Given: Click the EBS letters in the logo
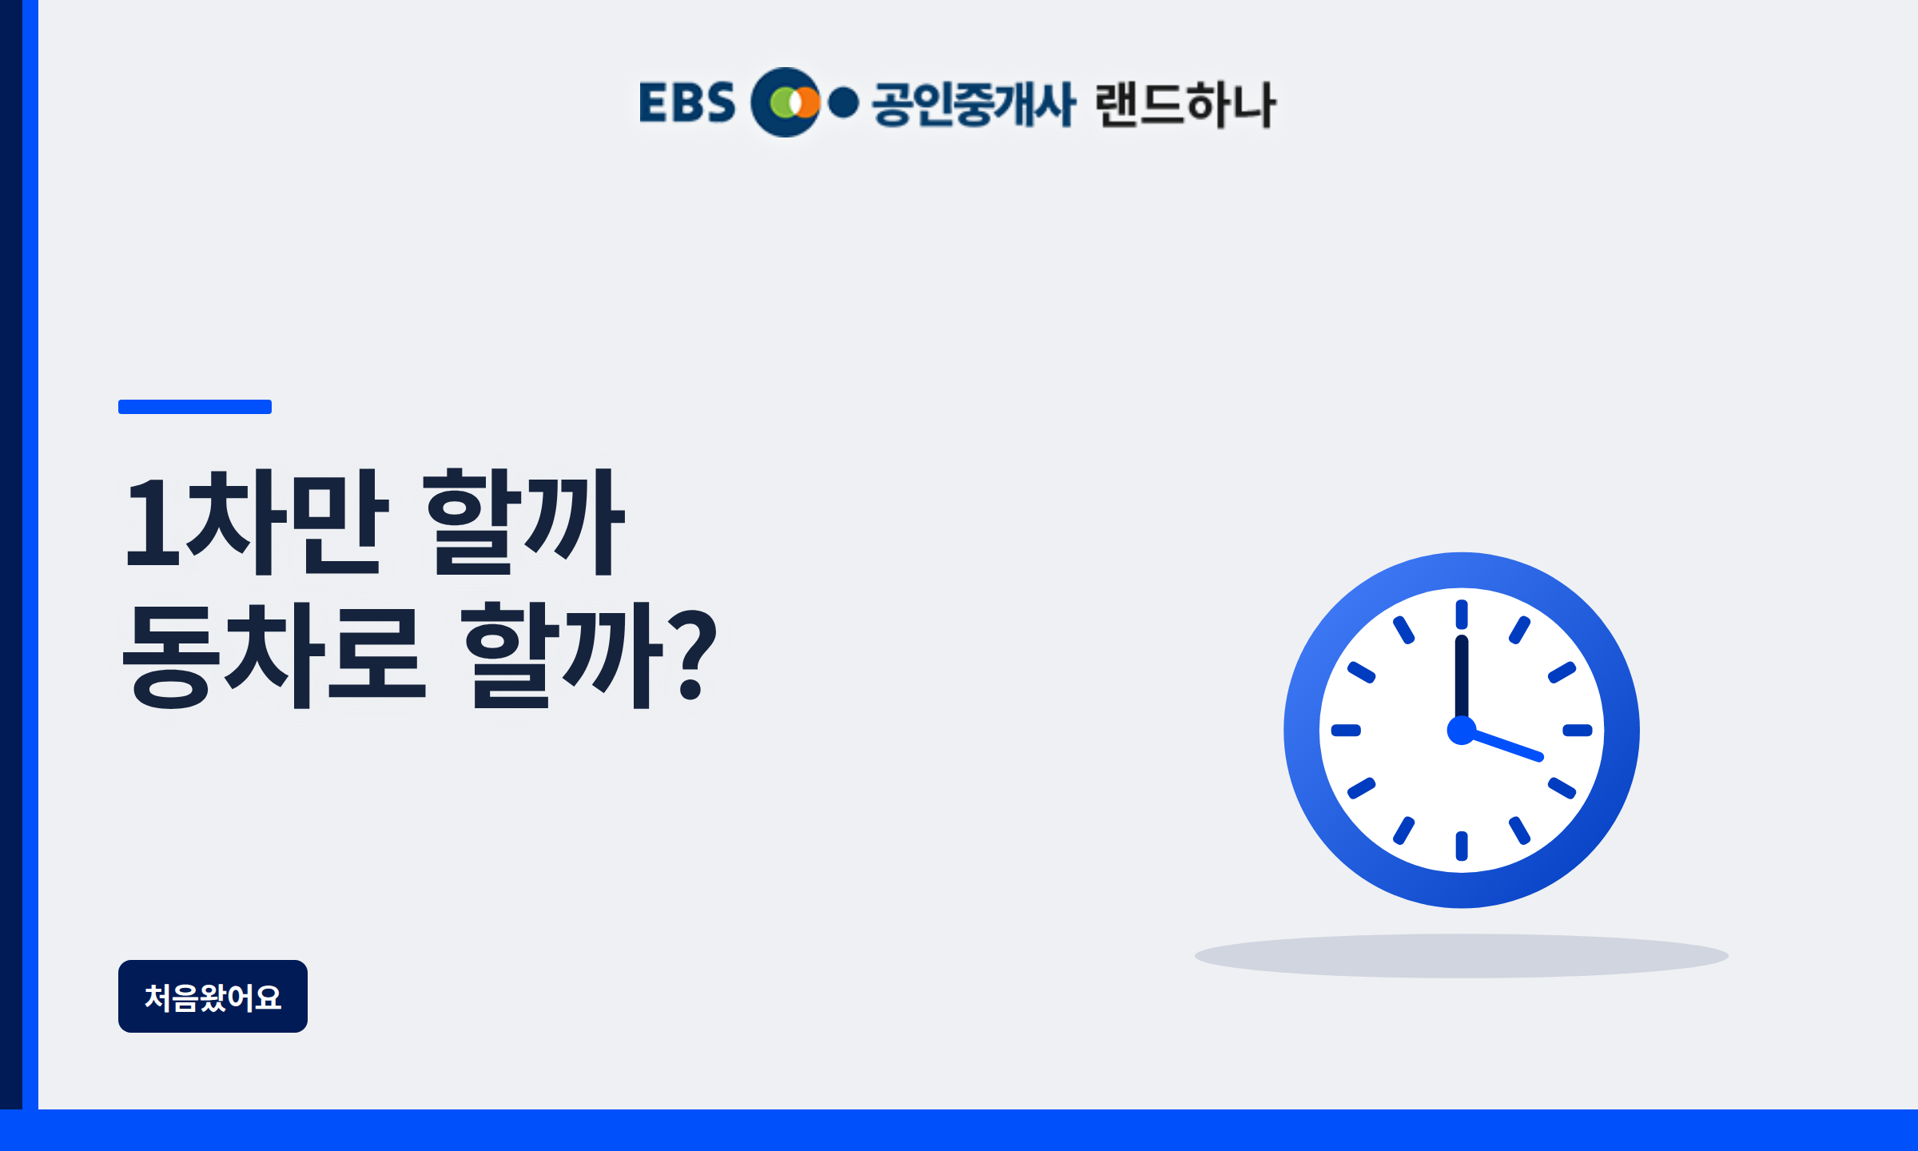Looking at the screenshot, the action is pyautogui.click(x=686, y=102).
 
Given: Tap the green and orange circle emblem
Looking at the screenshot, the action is pyautogui.click(x=786, y=102).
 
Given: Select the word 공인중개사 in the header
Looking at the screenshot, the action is pyautogui.click(x=973, y=104).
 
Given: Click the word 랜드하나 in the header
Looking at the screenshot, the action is pyautogui.click(x=1185, y=104).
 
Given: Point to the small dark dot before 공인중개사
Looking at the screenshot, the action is pyautogui.click(x=843, y=103).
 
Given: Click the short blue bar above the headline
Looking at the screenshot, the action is pyautogui.click(x=195, y=407).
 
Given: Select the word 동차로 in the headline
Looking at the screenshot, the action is pyautogui.click(x=272, y=655).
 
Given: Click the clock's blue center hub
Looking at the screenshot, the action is pyautogui.click(x=1462, y=730).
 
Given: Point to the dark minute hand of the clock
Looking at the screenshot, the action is pyautogui.click(x=1462, y=679).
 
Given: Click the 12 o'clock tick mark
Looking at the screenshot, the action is pyautogui.click(x=1462, y=614).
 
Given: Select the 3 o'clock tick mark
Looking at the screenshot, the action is pyautogui.click(x=1578, y=730).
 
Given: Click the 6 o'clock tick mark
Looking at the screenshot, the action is pyautogui.click(x=1462, y=846).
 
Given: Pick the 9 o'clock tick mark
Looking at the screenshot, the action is pyautogui.click(x=1346, y=730).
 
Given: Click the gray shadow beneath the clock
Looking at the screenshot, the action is pyautogui.click(x=1462, y=955).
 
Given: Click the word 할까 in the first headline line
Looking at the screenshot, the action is pyautogui.click(x=524, y=522).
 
